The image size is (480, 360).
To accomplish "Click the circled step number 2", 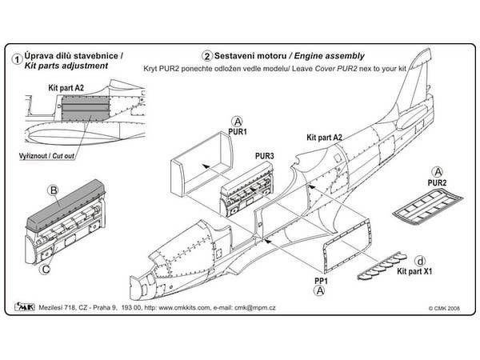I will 207,57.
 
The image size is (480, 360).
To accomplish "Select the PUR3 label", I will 265,155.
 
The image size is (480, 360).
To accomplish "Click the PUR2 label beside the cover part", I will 437,182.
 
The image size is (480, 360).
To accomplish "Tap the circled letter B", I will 54,191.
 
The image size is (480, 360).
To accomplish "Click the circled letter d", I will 421,260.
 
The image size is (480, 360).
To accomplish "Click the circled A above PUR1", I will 215,118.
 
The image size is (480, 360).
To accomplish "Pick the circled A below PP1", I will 321,292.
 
